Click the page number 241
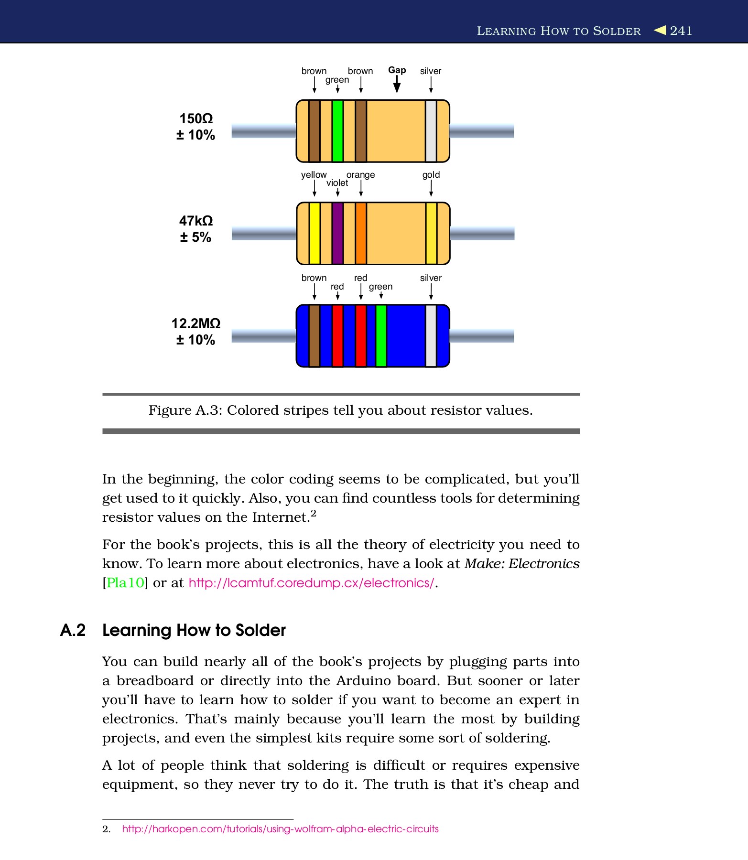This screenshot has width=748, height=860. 681,31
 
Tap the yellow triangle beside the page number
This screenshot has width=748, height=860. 660,30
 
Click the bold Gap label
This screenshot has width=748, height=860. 397,70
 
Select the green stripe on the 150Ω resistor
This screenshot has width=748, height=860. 337,131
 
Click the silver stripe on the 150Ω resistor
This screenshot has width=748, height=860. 431,131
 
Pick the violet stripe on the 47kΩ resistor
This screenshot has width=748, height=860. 337,233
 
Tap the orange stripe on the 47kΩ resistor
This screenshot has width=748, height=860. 361,233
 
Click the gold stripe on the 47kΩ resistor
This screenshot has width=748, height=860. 431,233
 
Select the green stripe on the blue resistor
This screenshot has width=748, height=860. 381,336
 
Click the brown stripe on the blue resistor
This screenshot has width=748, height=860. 314,336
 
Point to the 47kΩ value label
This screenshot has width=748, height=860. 196,221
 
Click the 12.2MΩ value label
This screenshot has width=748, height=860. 196,323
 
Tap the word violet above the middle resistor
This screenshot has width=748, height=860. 337,183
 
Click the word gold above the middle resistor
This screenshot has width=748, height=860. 431,175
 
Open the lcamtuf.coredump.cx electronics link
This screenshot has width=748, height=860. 311,583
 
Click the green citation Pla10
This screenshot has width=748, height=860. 125,583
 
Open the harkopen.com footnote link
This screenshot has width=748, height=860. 280,829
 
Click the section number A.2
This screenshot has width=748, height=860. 73,630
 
